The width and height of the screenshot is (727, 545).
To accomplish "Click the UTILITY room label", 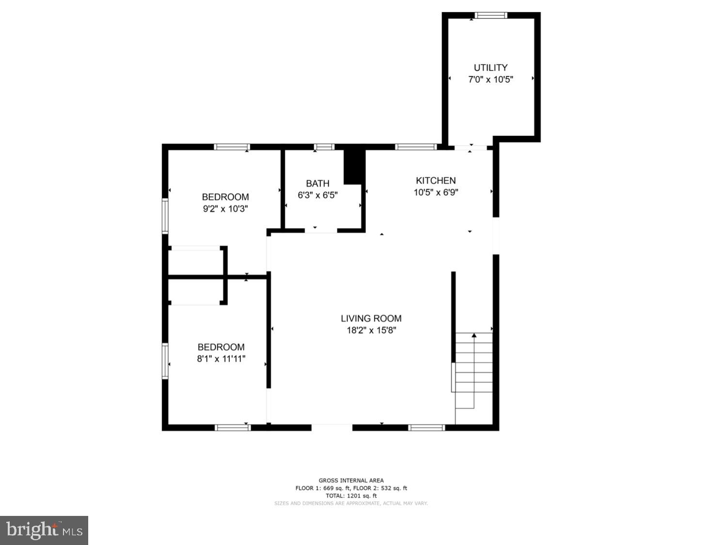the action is pos(490,67).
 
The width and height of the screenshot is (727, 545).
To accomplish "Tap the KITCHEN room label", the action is pos(436,180).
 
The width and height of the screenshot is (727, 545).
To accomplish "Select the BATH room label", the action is pos(317,184).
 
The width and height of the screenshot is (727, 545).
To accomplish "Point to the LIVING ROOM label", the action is pos(371,319).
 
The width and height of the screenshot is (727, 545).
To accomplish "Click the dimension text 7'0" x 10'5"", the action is pos(490,80).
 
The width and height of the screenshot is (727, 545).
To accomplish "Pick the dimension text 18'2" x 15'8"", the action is pos(371,330).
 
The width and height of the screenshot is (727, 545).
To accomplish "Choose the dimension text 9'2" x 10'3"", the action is pos(225,208).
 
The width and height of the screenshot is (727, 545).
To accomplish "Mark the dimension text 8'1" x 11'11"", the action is pos(221,358).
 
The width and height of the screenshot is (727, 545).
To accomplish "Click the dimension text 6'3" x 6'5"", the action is pos(317,195).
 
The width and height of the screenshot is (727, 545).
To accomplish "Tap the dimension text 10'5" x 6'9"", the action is pos(436,192).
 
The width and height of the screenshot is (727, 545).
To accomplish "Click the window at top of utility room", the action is pos(491,15).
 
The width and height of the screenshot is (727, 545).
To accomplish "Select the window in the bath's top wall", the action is pos(324,147).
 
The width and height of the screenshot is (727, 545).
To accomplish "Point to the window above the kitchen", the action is pos(416,147).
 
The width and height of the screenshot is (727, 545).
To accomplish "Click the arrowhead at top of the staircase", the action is pos(474,336).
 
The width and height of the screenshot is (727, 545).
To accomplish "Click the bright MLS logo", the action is pos(44,530).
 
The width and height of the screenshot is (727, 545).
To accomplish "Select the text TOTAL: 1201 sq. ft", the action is pos(351,496).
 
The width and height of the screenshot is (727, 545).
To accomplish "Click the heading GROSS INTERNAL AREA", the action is pos(351,481).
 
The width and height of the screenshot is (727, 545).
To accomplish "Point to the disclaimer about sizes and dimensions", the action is pos(351,503).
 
